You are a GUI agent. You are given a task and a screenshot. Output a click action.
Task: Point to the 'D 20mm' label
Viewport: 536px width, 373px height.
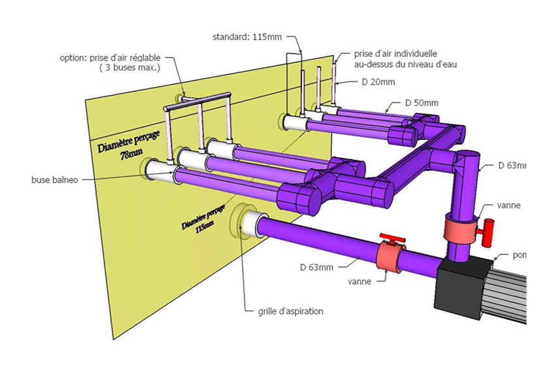click(x=378, y=82)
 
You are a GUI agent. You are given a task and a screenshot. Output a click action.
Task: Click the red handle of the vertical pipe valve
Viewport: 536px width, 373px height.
click(x=486, y=233)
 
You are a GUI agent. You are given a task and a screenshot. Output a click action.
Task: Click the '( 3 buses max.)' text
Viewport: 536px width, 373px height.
click(x=129, y=67)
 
